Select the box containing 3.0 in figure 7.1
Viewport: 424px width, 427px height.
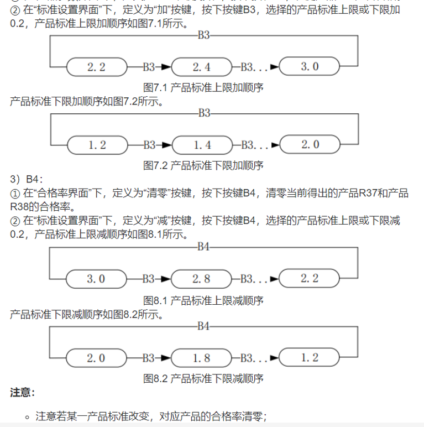pyautogui.click(x=310, y=66)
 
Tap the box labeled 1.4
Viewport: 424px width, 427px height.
pyautogui.click(x=202, y=145)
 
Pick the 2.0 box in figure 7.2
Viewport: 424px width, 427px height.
pyautogui.click(x=310, y=144)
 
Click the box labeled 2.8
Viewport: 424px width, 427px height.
pyautogui.click(x=201, y=279)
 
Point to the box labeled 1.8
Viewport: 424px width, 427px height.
pyautogui.click(x=201, y=358)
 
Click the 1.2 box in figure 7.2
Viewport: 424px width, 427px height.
pyautogui.click(x=97, y=145)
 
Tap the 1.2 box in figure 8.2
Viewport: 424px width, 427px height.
pyautogui.click(x=310, y=357)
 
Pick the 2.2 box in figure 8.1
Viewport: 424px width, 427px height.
pyautogui.click(x=310, y=278)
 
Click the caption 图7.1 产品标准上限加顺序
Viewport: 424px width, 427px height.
pyautogui.click(x=203, y=87)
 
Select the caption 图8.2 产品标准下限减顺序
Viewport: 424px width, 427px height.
pyautogui.click(x=203, y=378)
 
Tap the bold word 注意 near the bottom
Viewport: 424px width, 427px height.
pyautogui.click(x=22, y=393)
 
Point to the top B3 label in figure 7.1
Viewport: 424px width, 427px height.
pyautogui.click(x=203, y=36)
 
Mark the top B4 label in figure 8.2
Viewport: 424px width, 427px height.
pyautogui.click(x=203, y=326)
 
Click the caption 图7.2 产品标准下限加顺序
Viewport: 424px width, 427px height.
pyautogui.click(x=203, y=165)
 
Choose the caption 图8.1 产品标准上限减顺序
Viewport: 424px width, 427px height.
pyautogui.click(x=203, y=300)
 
